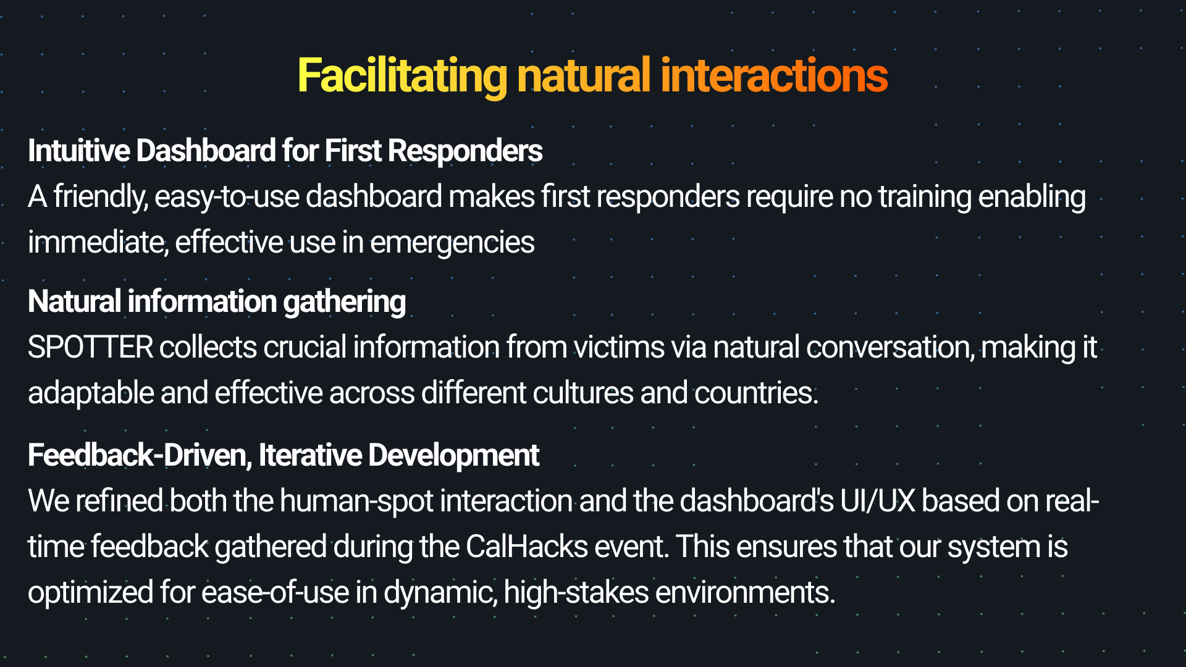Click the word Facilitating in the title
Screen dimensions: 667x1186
402,75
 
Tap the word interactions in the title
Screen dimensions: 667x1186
774,75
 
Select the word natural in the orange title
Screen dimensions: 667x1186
584,75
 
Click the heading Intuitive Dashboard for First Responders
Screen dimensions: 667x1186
285,151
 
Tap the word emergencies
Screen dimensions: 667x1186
452,242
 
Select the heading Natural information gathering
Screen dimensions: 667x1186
217,301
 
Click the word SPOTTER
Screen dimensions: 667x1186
91,347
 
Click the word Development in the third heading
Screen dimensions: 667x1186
453,455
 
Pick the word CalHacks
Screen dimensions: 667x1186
526,547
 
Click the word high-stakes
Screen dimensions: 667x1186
576,592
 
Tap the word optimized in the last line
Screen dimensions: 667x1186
91,592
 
